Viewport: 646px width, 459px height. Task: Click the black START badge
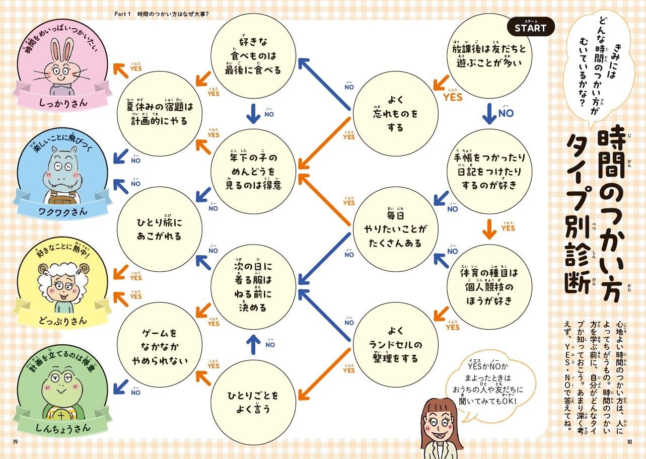[x=530, y=28]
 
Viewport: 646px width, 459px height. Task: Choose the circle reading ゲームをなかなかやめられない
[x=160, y=346]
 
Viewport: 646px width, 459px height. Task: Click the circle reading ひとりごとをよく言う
[x=254, y=402]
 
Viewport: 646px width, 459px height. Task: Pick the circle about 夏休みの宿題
[x=160, y=114]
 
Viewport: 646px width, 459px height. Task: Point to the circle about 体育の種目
[x=488, y=287]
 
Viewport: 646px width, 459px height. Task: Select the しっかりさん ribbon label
[x=63, y=102]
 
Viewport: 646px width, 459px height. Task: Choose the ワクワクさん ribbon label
[x=63, y=211]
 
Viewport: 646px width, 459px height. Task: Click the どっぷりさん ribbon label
[x=63, y=320]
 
